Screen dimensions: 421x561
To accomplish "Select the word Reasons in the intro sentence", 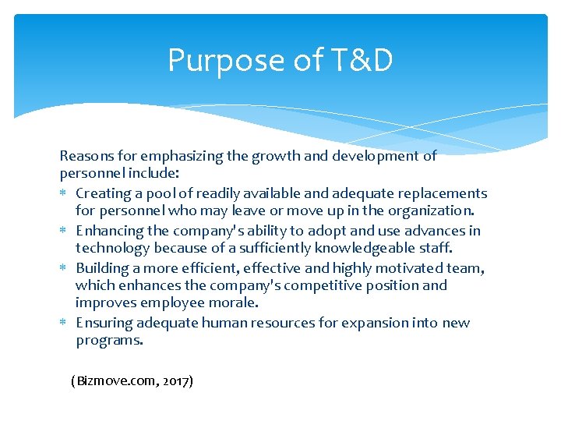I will (85, 156).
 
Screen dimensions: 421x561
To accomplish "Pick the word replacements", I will (443, 193).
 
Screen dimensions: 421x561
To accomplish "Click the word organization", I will (432, 210).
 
